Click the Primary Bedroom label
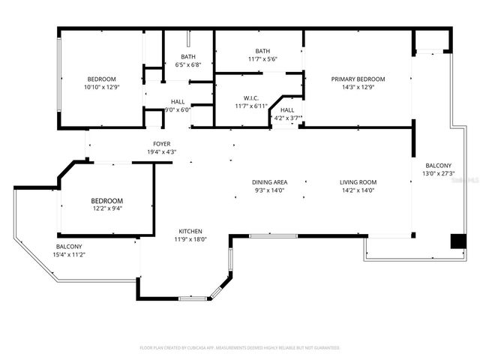tap(358, 79)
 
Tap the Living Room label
tap(358, 182)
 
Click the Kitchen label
tap(190, 231)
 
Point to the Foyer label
tap(161, 144)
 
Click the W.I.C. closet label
tap(251, 97)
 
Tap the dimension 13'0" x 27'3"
tap(439, 174)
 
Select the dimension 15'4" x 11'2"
tap(69, 255)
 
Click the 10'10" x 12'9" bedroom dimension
tap(101, 87)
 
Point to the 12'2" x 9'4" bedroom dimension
tap(106, 209)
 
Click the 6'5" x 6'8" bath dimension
tap(188, 64)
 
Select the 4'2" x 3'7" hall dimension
tap(286, 118)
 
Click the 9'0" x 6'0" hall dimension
tap(178, 109)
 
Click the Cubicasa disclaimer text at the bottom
tap(240, 348)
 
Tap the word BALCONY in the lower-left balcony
tap(69, 247)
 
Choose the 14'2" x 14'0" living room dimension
tap(358, 190)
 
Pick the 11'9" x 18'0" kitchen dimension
tap(190, 239)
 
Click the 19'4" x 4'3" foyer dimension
tap(161, 152)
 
